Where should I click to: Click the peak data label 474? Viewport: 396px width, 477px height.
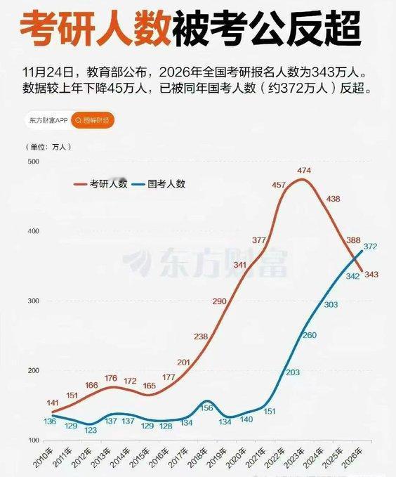point(304,171)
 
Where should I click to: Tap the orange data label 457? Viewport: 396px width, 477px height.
point(279,185)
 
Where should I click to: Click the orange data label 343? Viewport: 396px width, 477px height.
point(371,274)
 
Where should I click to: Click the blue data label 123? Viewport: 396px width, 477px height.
point(90,430)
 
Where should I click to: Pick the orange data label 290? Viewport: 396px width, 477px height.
point(220,301)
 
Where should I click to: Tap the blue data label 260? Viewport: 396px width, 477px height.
point(310,335)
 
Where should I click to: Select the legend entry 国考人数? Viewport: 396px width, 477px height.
point(166,184)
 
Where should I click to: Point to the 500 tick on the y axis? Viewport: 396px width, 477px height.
point(33,162)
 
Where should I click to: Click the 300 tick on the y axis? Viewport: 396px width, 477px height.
point(33,301)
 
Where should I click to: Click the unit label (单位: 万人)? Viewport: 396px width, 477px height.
point(48,146)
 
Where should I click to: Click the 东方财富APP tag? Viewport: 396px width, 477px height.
point(48,120)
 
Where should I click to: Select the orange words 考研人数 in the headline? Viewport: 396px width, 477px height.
point(93,30)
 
